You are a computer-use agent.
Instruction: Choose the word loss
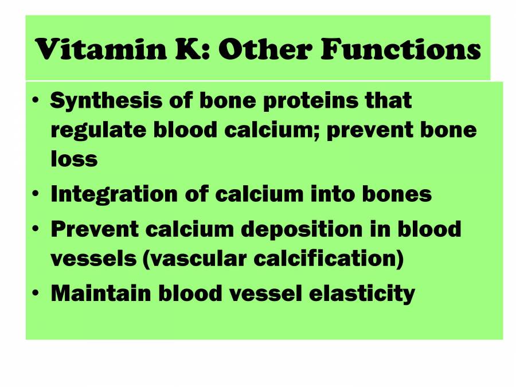[x=73, y=159]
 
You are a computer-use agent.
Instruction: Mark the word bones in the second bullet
[x=397, y=194]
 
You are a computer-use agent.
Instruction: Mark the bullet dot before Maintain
[x=36, y=293]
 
